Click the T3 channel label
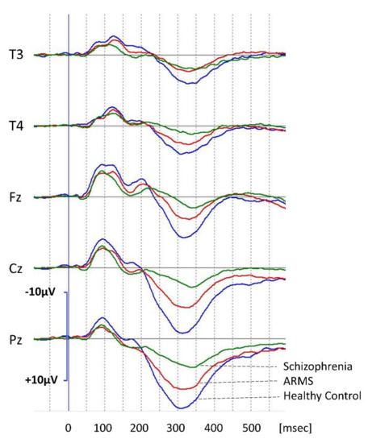(16, 55)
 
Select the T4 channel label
(16, 126)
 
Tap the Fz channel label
(15, 197)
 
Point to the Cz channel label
(15, 267)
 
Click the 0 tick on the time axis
(69, 427)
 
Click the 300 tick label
(178, 427)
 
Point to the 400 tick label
(214, 427)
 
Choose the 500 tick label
(250, 427)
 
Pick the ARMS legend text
(300, 381)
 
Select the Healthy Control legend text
(321, 396)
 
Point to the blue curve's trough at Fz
(184, 237)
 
